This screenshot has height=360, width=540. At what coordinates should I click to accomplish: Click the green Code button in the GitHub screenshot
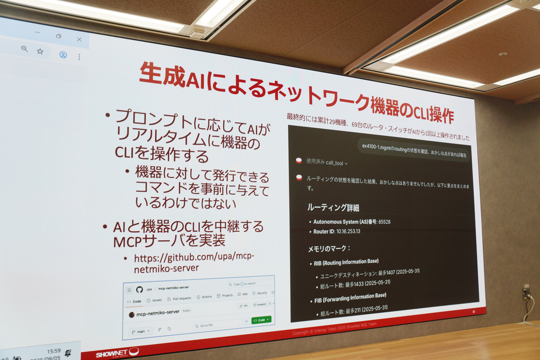point(261,319)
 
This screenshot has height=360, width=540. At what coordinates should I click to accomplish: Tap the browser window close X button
point(79,39)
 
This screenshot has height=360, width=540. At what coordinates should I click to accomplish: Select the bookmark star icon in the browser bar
point(40,51)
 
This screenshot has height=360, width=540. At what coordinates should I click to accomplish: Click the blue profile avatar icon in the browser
point(63,54)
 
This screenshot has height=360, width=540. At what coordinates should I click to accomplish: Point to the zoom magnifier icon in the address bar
point(24,49)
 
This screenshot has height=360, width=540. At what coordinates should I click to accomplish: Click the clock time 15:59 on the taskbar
point(53,351)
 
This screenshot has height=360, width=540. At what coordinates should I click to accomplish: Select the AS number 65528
point(384,222)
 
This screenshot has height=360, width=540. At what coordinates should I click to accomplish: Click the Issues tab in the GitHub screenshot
point(154,300)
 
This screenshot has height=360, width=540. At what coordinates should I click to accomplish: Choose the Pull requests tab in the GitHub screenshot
point(179,298)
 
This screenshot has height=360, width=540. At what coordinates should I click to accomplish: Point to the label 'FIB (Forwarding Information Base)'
point(350,297)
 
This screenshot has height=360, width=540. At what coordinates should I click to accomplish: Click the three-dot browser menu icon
point(79,57)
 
